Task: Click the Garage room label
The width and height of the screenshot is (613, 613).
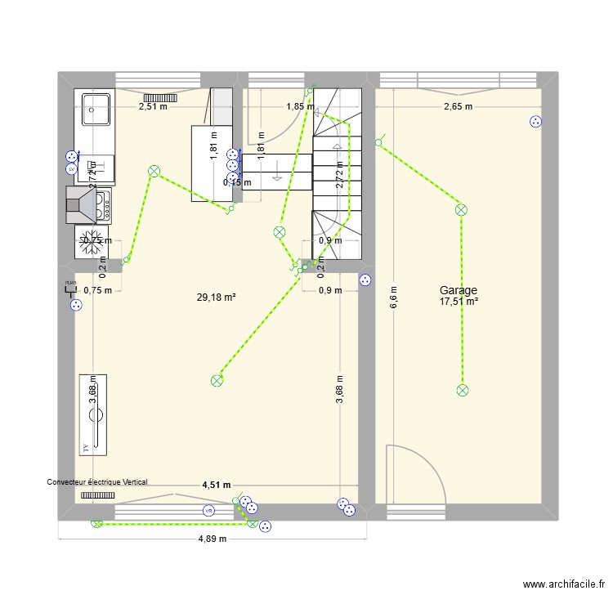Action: point(458,290)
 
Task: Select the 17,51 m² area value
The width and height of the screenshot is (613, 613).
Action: point(458,301)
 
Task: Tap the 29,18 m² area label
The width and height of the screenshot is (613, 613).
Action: point(217,298)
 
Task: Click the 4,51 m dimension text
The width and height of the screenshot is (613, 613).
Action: point(217,485)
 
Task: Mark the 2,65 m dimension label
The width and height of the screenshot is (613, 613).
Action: point(458,106)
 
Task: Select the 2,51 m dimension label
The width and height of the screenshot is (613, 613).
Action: point(153,106)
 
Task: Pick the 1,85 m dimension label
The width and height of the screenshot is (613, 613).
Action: point(299,106)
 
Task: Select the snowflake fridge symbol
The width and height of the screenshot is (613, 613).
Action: point(92,239)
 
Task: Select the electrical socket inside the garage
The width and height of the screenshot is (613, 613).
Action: point(535,122)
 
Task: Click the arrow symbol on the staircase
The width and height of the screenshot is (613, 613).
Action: point(277,172)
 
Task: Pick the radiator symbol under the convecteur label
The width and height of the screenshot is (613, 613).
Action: point(97,494)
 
